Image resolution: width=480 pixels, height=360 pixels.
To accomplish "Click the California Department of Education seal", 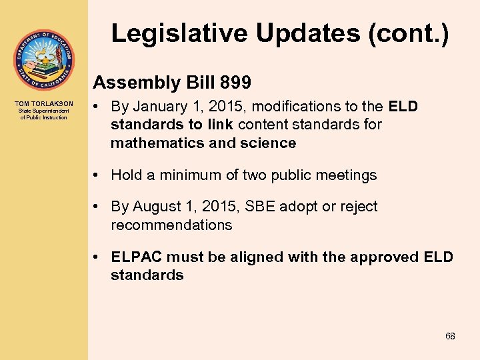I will [x=43, y=61].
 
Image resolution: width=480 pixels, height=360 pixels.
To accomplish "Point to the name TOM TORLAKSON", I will [x=43, y=104].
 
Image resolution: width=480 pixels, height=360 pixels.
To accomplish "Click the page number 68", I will [x=450, y=336].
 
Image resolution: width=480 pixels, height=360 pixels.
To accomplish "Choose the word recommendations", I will [x=171, y=225].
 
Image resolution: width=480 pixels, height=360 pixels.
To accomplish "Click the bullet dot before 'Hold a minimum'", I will [x=97, y=175].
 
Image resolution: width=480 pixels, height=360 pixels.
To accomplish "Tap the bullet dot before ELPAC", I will [x=97, y=257].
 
